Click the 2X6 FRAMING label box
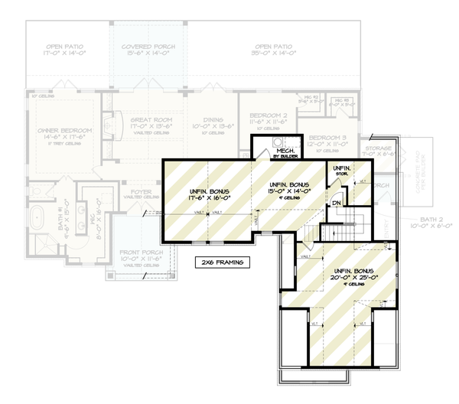click(221, 262)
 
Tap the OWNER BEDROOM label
click(65, 131)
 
